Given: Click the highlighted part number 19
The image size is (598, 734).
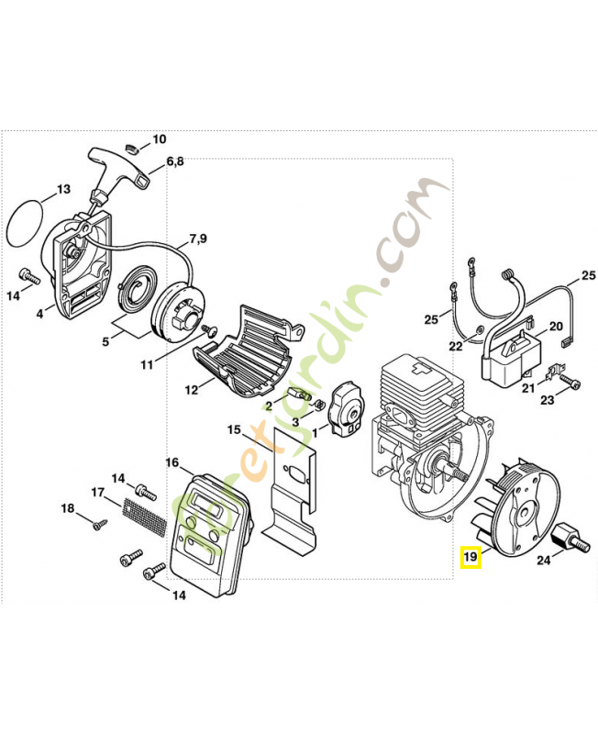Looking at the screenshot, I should click(x=471, y=557).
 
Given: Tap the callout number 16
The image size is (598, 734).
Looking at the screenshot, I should click(x=172, y=462).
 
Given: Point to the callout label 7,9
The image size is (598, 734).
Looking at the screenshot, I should click(x=198, y=239).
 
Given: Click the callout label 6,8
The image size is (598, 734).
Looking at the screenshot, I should click(x=175, y=162).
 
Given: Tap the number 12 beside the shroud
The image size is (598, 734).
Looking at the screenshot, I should click(x=190, y=389).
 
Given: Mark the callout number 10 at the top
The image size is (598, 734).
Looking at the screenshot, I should click(x=159, y=139).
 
